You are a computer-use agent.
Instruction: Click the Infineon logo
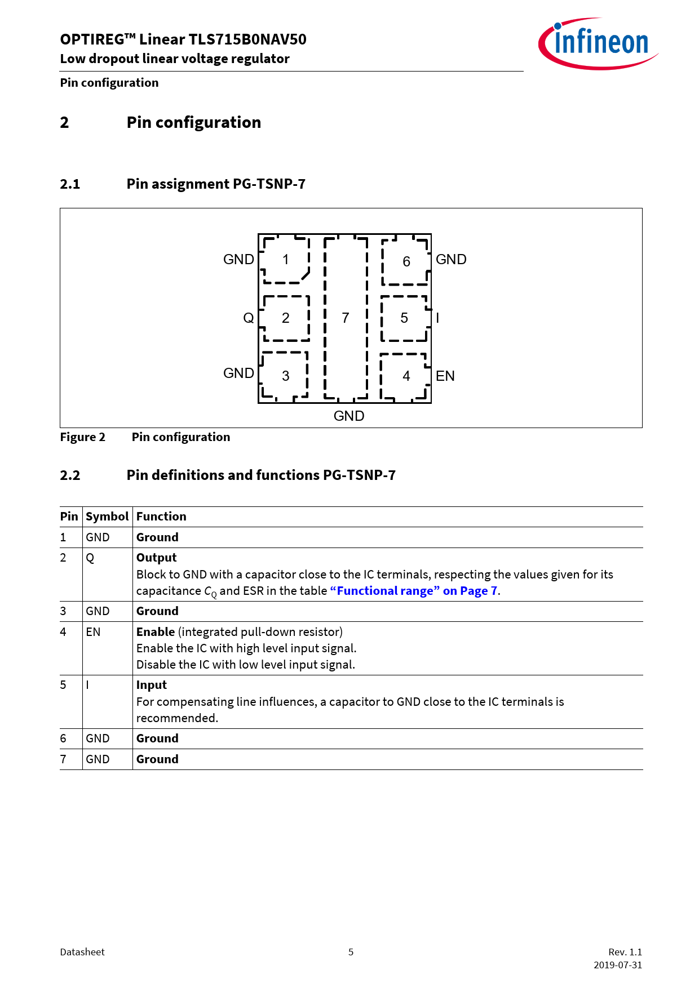pos(599,43)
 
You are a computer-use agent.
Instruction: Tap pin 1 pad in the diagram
pos(286,260)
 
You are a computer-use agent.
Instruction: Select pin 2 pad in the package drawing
pos(286,318)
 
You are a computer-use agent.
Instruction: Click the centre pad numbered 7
pos(346,318)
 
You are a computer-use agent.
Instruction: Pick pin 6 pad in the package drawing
pos(406,261)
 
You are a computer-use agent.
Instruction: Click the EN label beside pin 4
pos(445,376)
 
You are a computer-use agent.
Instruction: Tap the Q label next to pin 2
pos(248,318)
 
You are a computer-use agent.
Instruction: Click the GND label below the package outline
pos(348,416)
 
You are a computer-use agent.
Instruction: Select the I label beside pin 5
pos(437,318)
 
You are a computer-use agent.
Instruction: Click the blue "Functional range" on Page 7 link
pos(414,591)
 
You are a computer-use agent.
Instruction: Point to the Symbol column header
pos(107,517)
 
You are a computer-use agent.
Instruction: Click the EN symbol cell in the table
pos(93,632)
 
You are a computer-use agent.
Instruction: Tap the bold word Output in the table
pos(156,558)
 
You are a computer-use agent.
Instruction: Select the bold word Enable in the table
pos(156,632)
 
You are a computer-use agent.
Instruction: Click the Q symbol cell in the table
pos(90,558)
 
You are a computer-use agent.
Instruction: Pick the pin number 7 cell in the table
pos(63,759)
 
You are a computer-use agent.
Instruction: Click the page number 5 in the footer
pos(351,952)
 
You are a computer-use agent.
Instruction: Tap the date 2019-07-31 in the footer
pos(617,965)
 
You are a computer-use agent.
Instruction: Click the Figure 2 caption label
pos(82,437)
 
